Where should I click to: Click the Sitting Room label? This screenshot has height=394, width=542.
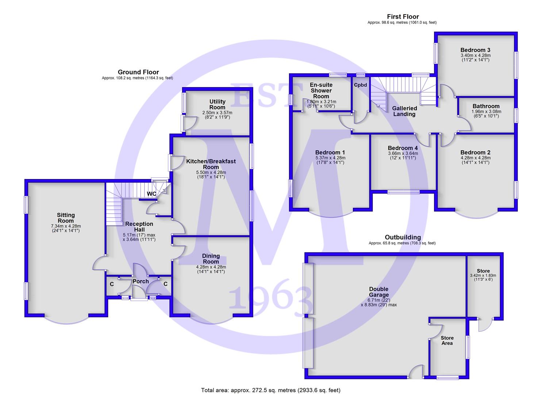point(66,218)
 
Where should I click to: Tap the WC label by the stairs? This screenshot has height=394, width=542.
point(151,194)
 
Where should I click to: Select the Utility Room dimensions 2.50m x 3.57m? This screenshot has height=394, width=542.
point(217,113)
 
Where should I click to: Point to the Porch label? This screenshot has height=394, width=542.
point(141,282)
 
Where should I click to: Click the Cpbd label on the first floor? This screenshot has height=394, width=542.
point(361,85)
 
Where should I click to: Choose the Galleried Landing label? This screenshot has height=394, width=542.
point(404,111)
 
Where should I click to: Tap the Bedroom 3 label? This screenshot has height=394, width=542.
point(476,50)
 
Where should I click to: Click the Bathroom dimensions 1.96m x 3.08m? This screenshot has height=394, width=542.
point(487,112)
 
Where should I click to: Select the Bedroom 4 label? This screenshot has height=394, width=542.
point(403,148)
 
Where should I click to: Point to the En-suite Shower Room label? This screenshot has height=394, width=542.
point(321,90)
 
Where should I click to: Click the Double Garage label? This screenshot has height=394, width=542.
point(379,292)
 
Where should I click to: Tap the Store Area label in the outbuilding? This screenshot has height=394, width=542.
point(447,340)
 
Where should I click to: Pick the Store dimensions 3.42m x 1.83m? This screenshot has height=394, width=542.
point(483,275)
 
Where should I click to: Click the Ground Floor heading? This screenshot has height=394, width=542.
point(138,72)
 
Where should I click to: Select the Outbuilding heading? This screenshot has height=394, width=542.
point(403,237)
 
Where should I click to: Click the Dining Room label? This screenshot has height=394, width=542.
point(211,259)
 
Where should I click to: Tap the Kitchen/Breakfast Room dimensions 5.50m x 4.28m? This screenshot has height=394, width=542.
point(211,173)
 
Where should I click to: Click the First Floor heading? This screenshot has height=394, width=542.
point(403,17)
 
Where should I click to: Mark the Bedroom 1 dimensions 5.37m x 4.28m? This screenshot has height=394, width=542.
point(330,158)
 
